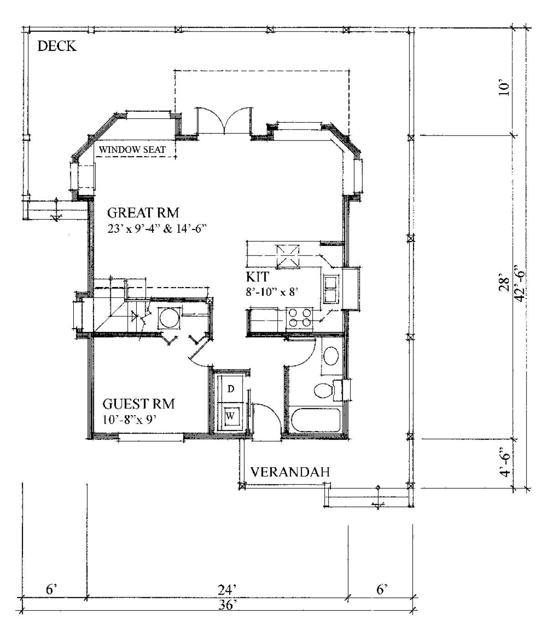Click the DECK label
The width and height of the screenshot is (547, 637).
[57, 46]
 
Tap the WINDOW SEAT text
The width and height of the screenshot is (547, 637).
[132, 150]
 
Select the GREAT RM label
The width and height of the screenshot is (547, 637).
[143, 213]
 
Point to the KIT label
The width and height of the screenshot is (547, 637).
[258, 277]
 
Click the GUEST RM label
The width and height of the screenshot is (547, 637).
[139, 404]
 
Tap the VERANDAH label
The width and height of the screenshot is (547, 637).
[289, 472]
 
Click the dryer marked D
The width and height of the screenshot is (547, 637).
[230, 389]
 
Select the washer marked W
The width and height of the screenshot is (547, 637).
[230, 416]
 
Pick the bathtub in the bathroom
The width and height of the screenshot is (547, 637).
[315, 420]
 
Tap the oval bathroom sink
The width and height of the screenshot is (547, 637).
[331, 356]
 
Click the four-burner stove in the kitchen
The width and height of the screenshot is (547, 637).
[299, 318]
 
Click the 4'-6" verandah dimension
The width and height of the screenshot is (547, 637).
[505, 465]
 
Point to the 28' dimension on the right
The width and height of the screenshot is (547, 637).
[504, 284]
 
